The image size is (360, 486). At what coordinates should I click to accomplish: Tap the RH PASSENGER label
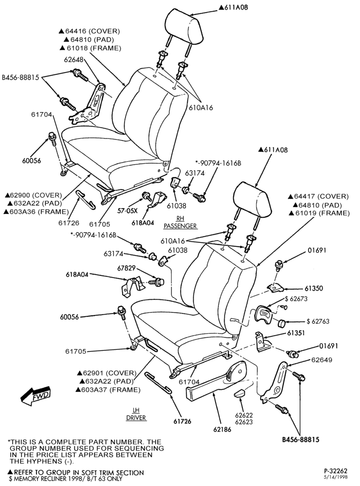(x=180, y=222)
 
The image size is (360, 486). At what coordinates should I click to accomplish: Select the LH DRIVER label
(x=136, y=414)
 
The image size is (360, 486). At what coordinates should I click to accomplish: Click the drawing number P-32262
(x=334, y=471)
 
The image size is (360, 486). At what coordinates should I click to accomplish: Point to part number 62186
(x=222, y=430)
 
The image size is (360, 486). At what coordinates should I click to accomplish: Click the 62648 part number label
(x=73, y=59)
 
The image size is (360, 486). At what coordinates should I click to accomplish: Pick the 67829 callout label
(x=126, y=268)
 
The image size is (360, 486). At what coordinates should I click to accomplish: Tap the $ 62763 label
(x=318, y=321)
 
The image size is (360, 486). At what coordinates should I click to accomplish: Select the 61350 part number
(x=314, y=288)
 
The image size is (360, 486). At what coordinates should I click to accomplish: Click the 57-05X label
(x=127, y=211)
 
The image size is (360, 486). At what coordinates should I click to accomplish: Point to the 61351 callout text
(x=296, y=333)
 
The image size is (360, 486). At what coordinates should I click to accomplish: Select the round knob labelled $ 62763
(x=282, y=323)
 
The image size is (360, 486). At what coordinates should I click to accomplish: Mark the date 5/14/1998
(x=336, y=477)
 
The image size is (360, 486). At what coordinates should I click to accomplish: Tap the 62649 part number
(x=322, y=360)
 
